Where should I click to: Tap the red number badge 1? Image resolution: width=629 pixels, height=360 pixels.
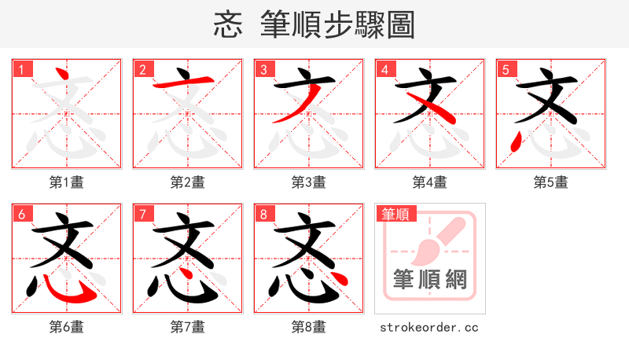21,69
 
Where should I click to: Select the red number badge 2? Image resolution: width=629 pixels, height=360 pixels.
142,69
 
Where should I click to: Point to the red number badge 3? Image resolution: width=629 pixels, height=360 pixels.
263,69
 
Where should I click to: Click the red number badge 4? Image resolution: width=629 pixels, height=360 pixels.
384,69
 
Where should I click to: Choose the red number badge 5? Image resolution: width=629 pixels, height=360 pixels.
506,69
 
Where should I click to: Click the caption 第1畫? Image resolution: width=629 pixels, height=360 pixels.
67,182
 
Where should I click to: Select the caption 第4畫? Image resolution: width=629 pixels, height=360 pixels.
430,182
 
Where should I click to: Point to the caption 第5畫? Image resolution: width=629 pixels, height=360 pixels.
551,182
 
